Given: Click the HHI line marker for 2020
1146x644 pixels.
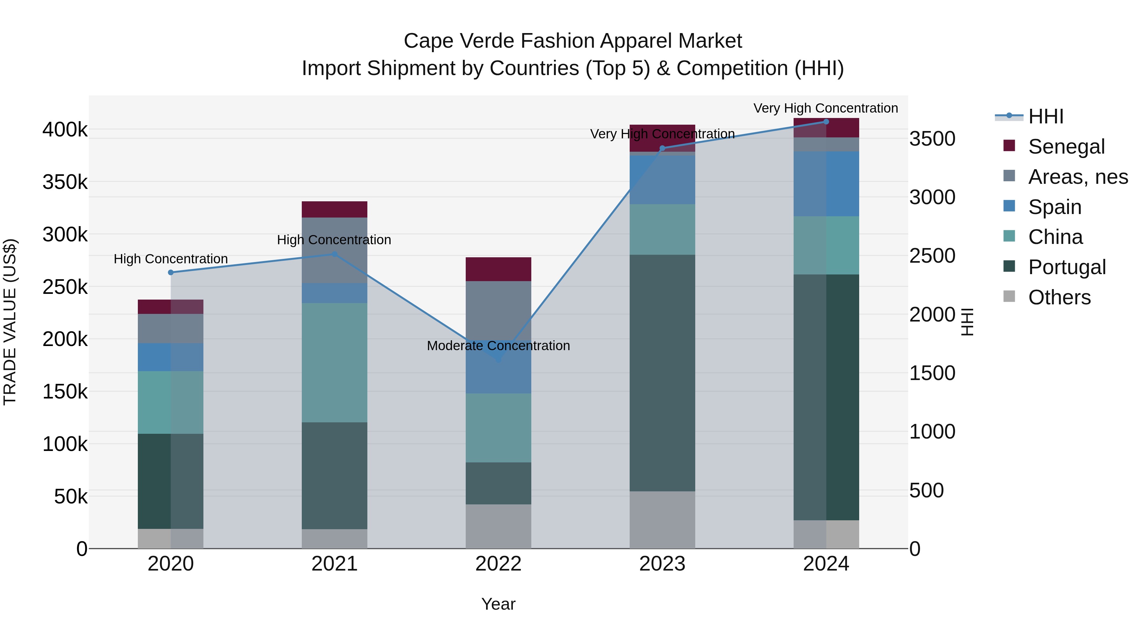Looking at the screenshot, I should click(x=171, y=273).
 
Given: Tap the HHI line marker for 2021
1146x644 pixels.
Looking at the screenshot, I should click(x=335, y=254).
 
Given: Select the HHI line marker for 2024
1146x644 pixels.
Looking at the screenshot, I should click(x=826, y=122).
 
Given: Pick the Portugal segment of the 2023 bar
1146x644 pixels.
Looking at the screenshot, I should click(x=662, y=373).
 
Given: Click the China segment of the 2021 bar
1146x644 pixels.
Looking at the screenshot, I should click(x=335, y=363).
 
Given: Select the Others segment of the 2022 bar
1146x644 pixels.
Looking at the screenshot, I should click(x=498, y=526).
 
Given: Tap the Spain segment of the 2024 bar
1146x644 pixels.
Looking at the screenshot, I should click(x=826, y=184).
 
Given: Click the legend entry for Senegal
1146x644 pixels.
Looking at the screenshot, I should click(x=1066, y=147).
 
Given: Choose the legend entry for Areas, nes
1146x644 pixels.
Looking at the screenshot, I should click(x=1078, y=177).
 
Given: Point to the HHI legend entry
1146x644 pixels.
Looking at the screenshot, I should click(x=1045, y=116).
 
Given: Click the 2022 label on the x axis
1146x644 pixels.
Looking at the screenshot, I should click(x=498, y=564).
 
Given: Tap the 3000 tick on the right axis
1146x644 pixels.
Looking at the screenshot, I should click(x=932, y=197).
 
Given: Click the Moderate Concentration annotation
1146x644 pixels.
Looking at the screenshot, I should click(x=498, y=346).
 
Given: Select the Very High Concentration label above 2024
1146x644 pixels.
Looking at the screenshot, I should click(x=826, y=108).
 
